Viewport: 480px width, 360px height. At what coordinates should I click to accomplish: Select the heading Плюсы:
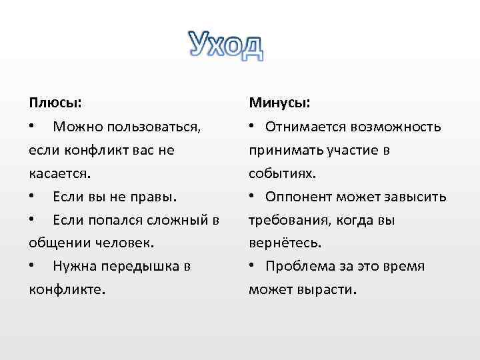(56, 103)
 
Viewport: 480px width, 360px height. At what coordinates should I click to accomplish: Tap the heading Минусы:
(279, 103)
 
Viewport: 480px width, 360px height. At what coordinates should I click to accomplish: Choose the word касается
(59, 173)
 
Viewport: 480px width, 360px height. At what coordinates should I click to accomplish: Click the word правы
(155, 197)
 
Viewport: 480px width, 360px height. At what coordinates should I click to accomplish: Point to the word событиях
(282, 173)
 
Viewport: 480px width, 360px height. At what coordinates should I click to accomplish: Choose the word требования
(289, 220)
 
